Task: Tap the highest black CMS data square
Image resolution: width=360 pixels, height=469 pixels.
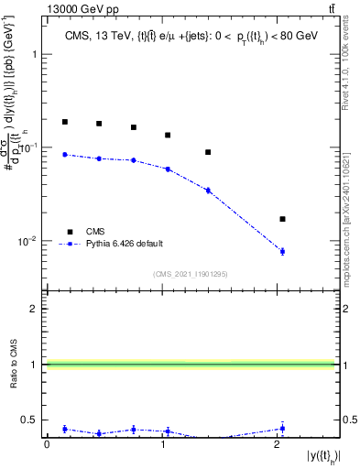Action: click(x=65, y=122)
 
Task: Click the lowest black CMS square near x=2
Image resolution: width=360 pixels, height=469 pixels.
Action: click(x=282, y=219)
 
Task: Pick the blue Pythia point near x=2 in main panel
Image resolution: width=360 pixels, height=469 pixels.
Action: click(x=282, y=251)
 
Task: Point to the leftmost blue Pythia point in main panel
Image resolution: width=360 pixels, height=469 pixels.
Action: click(x=65, y=154)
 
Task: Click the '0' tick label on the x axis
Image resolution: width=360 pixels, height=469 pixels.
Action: click(x=47, y=444)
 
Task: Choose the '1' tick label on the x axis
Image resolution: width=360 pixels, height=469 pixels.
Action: click(x=162, y=444)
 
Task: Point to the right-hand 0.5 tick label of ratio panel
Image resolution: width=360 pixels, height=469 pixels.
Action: click(x=349, y=420)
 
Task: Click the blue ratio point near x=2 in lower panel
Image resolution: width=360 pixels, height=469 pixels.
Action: click(x=282, y=428)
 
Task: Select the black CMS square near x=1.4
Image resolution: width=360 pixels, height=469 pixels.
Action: click(x=208, y=152)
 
